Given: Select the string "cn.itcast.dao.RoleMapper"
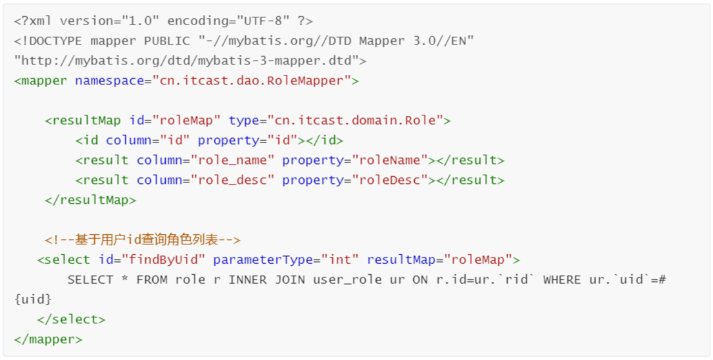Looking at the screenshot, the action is [x=252, y=81].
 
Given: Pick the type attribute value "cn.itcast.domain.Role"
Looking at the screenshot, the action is [x=355, y=120].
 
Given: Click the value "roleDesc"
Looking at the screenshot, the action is [x=390, y=180].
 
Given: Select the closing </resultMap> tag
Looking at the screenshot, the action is [x=90, y=200].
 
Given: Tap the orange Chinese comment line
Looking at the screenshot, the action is [x=143, y=240].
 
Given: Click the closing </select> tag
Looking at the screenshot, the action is [x=71, y=319].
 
